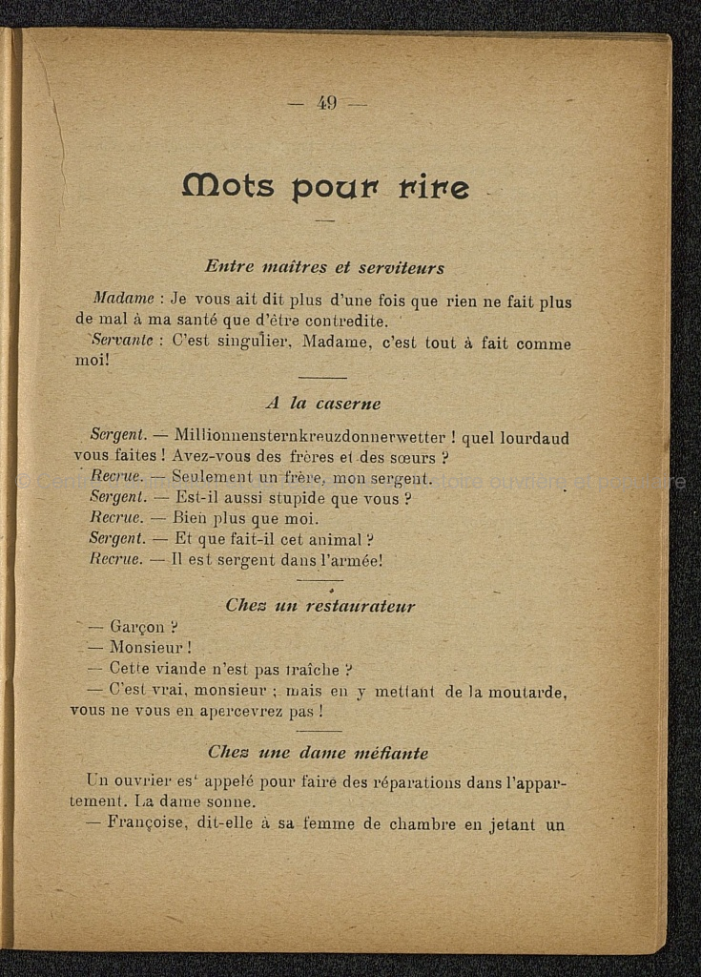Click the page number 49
click(x=327, y=104)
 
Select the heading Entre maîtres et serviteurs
click(x=324, y=268)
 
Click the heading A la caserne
click(x=322, y=404)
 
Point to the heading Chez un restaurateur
click(x=320, y=606)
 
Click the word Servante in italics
click(x=121, y=343)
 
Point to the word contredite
click(x=342, y=322)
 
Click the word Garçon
click(x=138, y=627)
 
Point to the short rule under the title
click(x=325, y=220)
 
